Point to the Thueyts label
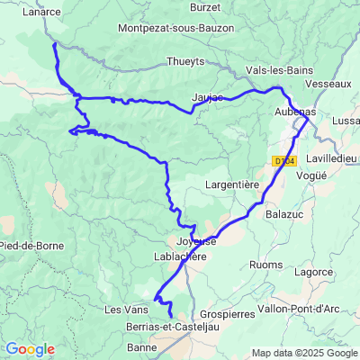point(185,62)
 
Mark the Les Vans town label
point(124,310)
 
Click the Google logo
point(29,349)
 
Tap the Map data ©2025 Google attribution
point(304,353)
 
